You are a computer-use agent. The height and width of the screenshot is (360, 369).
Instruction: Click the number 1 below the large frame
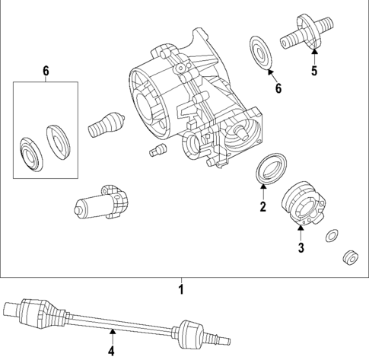click(x=181, y=289)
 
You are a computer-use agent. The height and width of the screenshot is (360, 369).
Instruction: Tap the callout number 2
click(x=262, y=207)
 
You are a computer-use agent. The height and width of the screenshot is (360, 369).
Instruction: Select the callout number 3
click(x=301, y=248)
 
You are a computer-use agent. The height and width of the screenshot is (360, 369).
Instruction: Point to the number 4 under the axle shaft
click(x=111, y=351)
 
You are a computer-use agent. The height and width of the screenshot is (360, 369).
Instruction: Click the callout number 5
click(x=313, y=72)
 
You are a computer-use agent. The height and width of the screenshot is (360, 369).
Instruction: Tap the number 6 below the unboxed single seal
click(x=278, y=89)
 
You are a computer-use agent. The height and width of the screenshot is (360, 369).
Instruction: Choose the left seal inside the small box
click(x=31, y=155)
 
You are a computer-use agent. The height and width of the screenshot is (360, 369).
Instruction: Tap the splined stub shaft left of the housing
click(x=105, y=123)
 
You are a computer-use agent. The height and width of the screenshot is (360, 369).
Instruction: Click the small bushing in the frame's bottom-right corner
click(x=351, y=258)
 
